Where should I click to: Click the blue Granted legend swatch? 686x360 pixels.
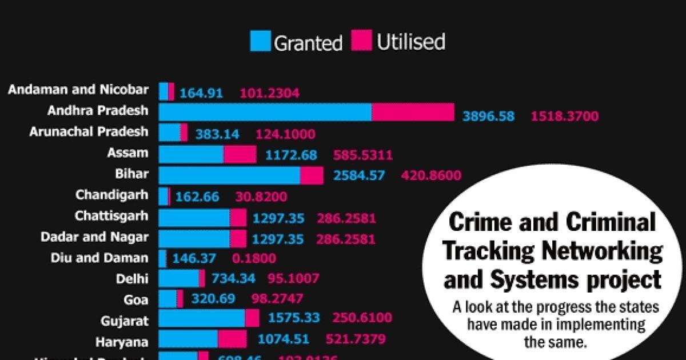[261, 42]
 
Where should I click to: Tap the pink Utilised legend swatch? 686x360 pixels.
[362, 42]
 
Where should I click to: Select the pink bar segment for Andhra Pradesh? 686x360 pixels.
[413, 112]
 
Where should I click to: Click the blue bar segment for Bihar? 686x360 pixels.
[229, 175]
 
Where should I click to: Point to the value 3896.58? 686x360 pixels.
[489, 117]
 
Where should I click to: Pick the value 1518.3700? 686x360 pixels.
[565, 117]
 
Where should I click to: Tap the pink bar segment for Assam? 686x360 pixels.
[240, 154]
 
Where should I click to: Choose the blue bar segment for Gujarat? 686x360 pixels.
[201, 318]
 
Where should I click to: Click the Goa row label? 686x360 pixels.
[135, 299]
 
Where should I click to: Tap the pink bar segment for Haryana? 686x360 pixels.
[232, 339]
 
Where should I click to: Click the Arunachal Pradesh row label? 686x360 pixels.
[89, 132]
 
